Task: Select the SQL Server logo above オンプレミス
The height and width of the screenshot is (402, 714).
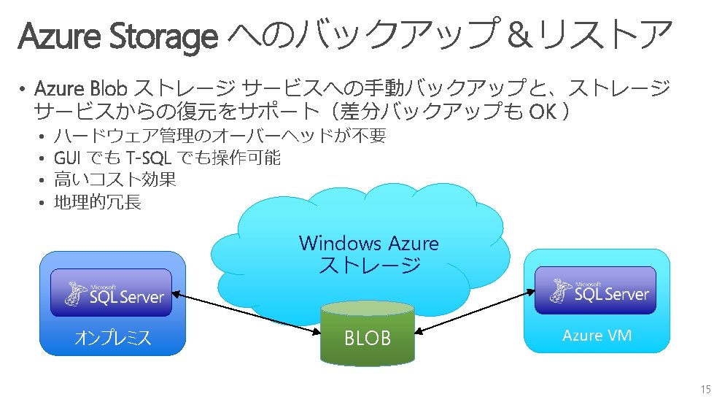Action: point(111,293)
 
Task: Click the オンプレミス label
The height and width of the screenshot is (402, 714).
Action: point(112,338)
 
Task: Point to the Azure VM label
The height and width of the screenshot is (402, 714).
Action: point(597,336)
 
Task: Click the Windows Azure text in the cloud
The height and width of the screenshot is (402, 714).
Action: point(368,243)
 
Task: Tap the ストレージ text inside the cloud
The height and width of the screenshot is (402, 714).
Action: point(369,265)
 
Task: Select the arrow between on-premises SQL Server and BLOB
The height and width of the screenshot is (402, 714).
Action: point(249,313)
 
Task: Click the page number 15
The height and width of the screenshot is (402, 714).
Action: point(705,389)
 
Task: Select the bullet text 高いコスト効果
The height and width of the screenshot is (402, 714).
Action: point(115,179)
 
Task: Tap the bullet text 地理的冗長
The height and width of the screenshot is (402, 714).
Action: point(98,202)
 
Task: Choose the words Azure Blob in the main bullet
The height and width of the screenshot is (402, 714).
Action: point(82,90)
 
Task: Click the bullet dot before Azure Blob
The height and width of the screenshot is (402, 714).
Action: point(23,90)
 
